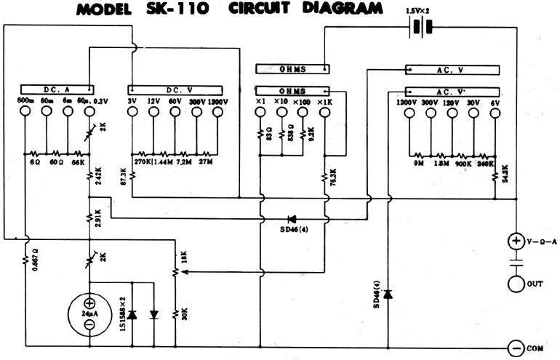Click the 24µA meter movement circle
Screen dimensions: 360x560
(x=89, y=313)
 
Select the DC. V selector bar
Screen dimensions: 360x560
(x=177, y=89)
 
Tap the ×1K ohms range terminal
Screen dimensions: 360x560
(x=324, y=113)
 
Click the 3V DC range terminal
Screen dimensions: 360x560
(x=133, y=113)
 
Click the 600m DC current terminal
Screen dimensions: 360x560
(x=25, y=113)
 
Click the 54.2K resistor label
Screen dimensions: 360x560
(x=504, y=174)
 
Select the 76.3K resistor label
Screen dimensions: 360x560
(x=333, y=178)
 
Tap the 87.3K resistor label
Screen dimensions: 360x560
(x=124, y=177)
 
